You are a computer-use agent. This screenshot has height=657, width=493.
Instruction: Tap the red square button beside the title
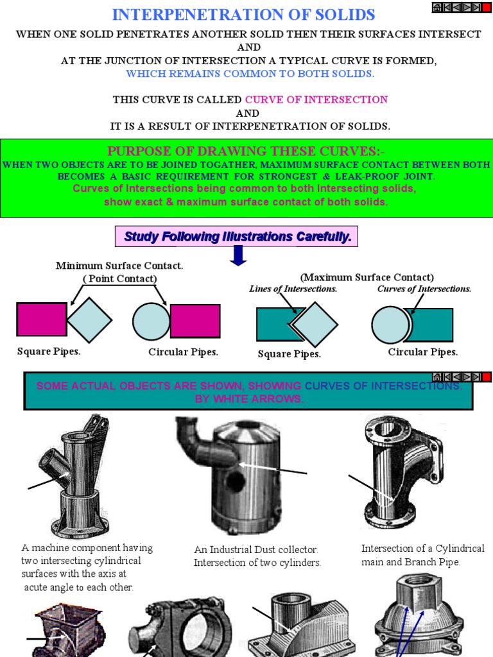click(x=487, y=8)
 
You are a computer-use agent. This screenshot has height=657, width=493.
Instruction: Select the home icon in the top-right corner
click(x=437, y=8)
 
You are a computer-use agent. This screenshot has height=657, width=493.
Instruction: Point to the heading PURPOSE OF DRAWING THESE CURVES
click(x=246, y=151)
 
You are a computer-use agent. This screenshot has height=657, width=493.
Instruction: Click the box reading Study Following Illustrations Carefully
click(x=237, y=237)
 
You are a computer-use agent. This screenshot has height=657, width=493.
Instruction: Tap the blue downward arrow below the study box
click(x=238, y=256)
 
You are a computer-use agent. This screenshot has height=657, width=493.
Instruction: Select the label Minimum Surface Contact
click(x=119, y=266)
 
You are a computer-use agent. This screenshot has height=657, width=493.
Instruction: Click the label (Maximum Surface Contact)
click(x=367, y=277)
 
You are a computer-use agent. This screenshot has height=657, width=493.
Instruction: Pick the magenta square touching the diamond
click(x=42, y=319)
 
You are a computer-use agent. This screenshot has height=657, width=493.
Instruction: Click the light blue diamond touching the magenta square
click(x=90, y=320)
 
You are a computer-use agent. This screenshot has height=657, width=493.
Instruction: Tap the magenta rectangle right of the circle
click(x=195, y=321)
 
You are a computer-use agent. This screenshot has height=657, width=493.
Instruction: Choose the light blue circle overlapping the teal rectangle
click(x=389, y=324)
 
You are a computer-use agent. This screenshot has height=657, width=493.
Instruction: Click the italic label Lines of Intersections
click(x=293, y=289)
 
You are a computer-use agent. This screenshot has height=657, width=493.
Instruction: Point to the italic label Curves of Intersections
click(x=424, y=289)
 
